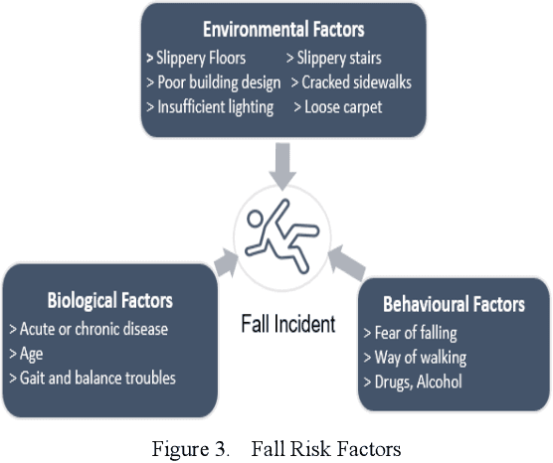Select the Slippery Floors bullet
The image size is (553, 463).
coord(203,59)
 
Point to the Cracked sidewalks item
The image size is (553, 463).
coord(350,82)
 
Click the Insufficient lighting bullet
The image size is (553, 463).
coord(210,106)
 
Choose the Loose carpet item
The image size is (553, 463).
coord(340,106)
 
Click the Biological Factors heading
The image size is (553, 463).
coord(110,300)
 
